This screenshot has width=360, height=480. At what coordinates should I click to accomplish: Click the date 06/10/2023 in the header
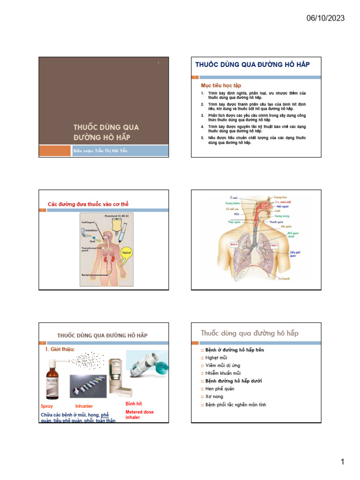(325, 18)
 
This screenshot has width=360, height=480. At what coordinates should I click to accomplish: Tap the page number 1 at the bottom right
(343, 462)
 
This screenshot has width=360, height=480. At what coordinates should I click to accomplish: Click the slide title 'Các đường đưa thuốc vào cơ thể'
(88, 204)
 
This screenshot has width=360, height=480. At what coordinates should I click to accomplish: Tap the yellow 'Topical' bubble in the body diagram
(127, 253)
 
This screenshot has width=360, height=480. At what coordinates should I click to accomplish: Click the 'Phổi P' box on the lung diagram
(235, 245)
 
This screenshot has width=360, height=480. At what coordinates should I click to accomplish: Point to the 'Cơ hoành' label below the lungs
(284, 278)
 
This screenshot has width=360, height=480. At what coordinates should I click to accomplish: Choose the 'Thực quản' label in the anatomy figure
(234, 222)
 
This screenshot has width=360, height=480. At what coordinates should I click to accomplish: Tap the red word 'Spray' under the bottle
(47, 406)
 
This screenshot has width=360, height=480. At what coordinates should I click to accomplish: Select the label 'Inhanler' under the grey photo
(84, 406)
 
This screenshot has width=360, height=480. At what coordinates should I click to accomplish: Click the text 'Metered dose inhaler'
(139, 414)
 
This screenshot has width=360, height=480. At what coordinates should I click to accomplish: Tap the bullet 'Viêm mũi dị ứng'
(223, 365)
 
